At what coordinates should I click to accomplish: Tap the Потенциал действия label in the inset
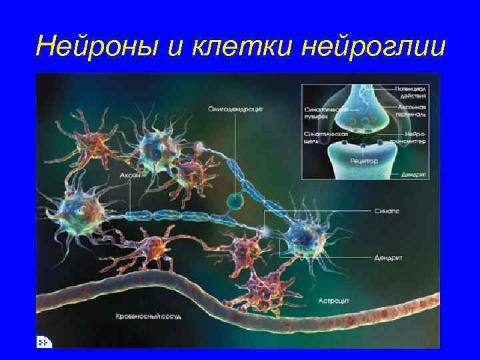pyautogui.click(x=412, y=91)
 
